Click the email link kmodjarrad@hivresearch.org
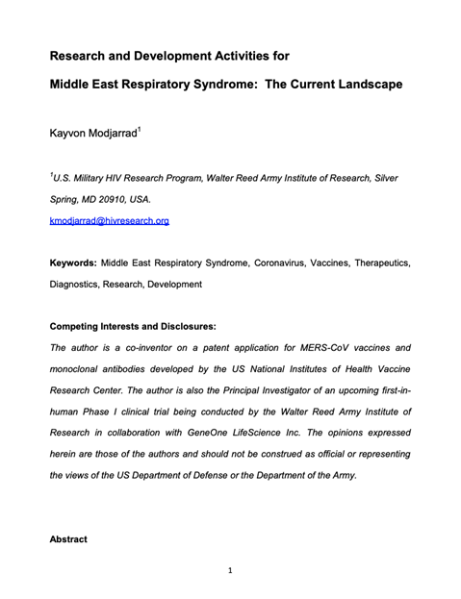coord(109,220)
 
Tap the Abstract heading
coord(67,539)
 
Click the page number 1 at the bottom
coord(230,571)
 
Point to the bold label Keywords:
coord(73,262)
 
